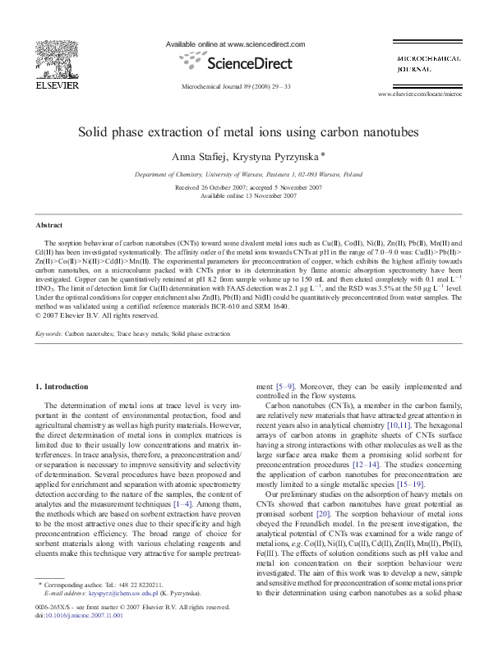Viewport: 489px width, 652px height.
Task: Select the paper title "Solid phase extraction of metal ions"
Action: pyautogui.click(x=248, y=131)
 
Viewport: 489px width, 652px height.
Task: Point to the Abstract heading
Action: pyautogui.click(x=50, y=224)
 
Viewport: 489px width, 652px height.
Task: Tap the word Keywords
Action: pyautogui.click(x=48, y=335)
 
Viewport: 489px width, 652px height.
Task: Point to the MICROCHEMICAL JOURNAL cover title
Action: pyautogui.click(x=418, y=65)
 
